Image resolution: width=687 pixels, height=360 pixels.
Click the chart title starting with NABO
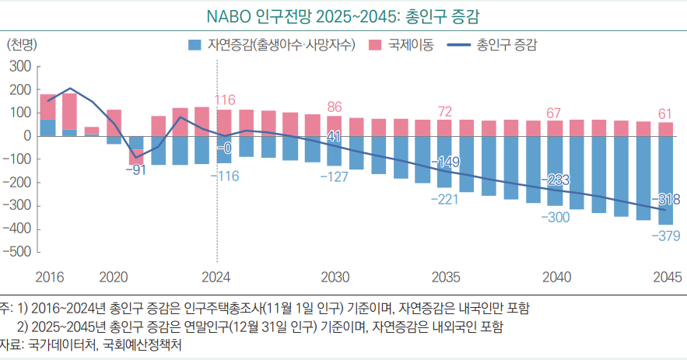pos(343,16)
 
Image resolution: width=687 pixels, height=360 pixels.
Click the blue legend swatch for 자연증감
pos(195,46)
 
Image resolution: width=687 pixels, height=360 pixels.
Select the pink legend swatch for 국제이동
pos(373,46)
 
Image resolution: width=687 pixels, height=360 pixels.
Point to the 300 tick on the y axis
pos(19,67)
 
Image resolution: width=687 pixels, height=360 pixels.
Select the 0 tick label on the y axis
pos(26,136)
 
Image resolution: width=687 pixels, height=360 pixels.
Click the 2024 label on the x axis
pos(216,277)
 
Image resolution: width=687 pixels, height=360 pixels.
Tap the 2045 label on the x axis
pos(668,277)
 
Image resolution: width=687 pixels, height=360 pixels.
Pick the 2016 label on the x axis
pos(47,277)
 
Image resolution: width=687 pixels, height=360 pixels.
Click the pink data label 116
pos(225,100)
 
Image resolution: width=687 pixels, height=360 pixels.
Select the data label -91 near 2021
pos(135,170)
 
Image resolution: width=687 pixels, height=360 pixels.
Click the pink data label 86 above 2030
pos(335,107)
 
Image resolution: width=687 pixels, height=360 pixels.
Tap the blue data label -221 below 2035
pos(445,199)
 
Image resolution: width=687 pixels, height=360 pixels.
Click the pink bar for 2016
pos(47,107)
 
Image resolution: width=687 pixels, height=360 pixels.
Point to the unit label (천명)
pos(23,45)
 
